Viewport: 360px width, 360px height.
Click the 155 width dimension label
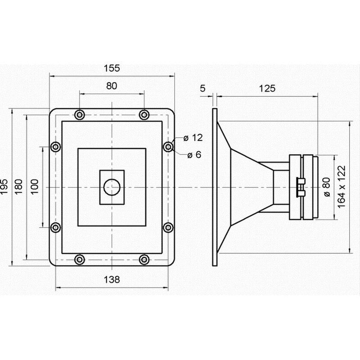click(112, 68)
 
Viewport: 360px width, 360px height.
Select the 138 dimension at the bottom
click(112, 279)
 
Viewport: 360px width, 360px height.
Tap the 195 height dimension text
click(4, 187)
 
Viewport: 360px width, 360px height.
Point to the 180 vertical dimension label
click(19, 187)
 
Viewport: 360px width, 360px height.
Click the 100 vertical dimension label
click(35, 187)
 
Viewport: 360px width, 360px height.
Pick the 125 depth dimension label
click(267, 88)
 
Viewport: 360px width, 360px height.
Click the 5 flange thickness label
click(202, 88)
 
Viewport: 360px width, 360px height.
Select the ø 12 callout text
click(193, 138)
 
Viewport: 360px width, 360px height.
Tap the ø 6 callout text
click(194, 155)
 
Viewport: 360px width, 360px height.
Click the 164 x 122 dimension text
click(342, 187)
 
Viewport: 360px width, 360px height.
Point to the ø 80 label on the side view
click(327, 187)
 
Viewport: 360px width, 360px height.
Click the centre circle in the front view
click(112, 187)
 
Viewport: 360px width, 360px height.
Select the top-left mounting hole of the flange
click(80, 115)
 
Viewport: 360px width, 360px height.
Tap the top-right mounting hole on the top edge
click(144, 115)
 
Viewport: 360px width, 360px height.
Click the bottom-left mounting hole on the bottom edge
click(80, 260)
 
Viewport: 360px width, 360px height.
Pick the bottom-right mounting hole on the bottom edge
click(144, 260)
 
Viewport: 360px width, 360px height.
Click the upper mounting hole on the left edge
click(55, 147)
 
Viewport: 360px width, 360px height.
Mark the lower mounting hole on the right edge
click(168, 227)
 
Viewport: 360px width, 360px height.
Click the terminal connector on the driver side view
click(301, 187)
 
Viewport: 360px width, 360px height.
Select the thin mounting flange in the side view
click(215, 187)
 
